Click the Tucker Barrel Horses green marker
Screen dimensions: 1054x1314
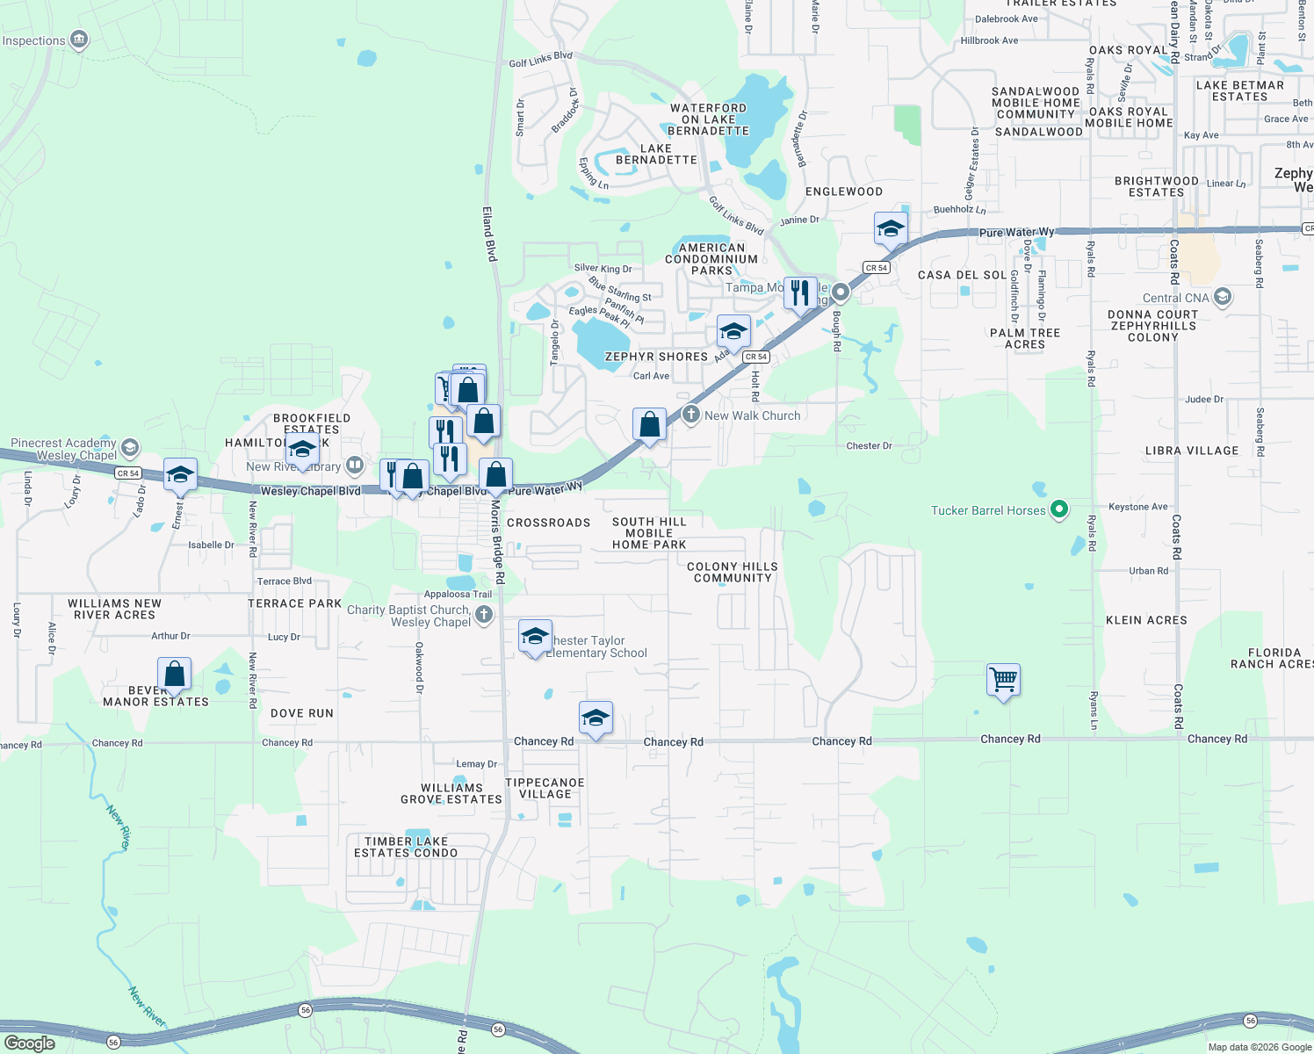click(1059, 509)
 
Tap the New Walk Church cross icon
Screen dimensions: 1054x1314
click(690, 415)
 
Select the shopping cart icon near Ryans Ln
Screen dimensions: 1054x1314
click(1003, 679)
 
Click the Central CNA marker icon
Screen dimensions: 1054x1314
click(1222, 297)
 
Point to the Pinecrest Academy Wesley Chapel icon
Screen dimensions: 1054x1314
click(130, 448)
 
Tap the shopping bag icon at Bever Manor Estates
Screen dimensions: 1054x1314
click(174, 675)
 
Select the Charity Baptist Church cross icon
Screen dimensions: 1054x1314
click(484, 615)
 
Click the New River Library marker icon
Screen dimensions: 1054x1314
click(354, 465)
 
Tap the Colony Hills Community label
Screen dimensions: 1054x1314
click(733, 573)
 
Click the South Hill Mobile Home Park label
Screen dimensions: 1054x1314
click(649, 533)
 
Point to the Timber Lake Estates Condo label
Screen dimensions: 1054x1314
click(406, 847)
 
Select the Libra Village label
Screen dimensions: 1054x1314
click(1192, 451)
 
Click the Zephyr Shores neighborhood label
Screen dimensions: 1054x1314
click(656, 357)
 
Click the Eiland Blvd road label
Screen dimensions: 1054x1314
click(489, 234)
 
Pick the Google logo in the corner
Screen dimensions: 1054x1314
click(30, 1043)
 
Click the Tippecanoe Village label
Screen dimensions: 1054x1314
click(545, 788)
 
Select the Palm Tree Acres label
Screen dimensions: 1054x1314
click(1025, 338)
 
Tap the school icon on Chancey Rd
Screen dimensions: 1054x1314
click(596, 718)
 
